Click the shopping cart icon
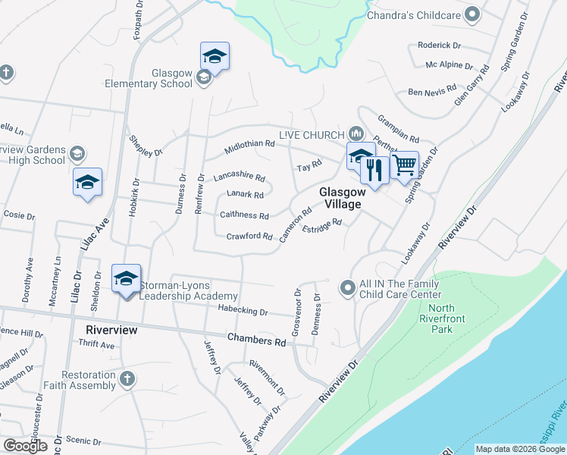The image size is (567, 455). (404, 165)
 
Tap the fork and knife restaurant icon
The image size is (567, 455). (374, 171)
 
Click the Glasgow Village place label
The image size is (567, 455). (342, 198)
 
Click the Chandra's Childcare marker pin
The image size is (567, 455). (474, 14)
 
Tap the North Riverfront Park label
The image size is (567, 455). (453, 315)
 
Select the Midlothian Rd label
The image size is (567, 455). (250, 147)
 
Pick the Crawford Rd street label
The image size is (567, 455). (249, 237)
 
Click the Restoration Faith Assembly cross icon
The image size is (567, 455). (127, 378)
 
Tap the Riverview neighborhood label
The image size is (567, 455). (111, 330)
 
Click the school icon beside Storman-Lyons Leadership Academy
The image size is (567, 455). (126, 279)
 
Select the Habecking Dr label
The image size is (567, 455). (243, 312)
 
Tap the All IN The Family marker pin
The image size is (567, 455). (348, 287)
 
